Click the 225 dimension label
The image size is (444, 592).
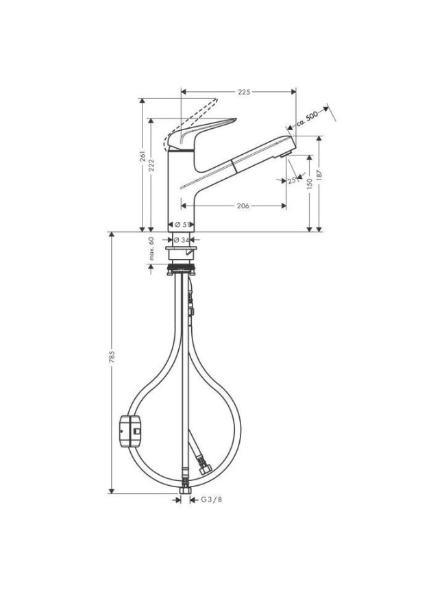tap(244, 92)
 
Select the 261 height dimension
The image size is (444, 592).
tap(143, 156)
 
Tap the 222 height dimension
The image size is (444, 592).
tap(151, 165)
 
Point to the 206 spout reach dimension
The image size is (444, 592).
tap(243, 206)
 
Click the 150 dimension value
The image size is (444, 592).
tap(310, 183)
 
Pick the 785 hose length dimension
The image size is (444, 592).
tap(112, 357)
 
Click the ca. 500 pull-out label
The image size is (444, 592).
tap(306, 118)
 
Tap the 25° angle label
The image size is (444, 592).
tap(292, 180)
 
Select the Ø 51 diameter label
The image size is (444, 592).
tap(182, 225)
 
